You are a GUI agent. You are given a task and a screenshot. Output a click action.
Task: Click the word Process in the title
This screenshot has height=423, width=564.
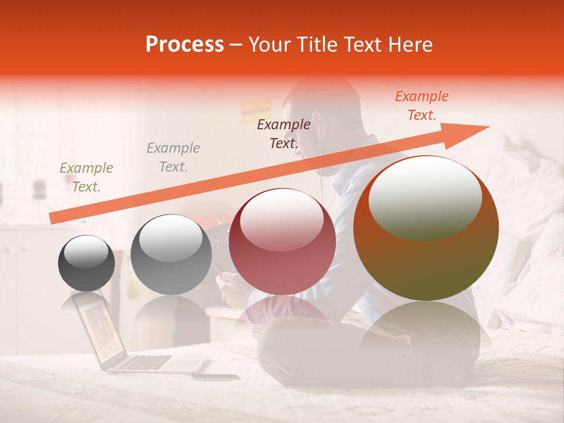184,45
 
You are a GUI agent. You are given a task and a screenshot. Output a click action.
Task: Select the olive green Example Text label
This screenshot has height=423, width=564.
86,177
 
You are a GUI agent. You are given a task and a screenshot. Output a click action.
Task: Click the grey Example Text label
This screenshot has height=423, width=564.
173,157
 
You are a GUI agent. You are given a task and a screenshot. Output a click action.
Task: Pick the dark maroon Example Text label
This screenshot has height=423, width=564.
284,133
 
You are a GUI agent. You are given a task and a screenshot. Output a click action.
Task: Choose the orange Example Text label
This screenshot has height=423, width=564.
422,106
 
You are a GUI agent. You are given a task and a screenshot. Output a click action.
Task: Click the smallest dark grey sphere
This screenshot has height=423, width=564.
86,263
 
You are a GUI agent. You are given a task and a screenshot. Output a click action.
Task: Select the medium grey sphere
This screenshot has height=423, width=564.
171,254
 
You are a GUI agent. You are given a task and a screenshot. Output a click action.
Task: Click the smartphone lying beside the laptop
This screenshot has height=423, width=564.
215,377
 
